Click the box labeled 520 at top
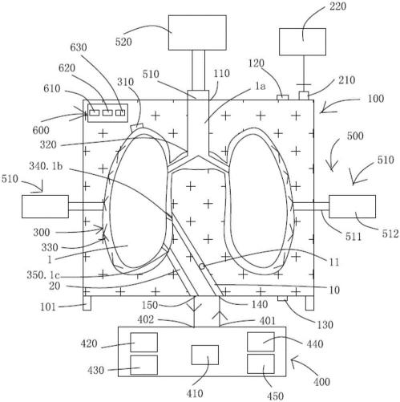[x=197, y=33]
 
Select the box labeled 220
[x=302, y=42]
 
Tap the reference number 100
[x=376, y=99]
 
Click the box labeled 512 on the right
[x=352, y=206]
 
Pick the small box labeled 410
[x=205, y=355]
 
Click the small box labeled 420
[x=143, y=343]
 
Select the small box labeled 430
[x=143, y=365]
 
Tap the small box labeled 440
[x=261, y=342]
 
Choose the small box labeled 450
[x=261, y=364]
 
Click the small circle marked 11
[x=202, y=266]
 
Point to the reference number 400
[x=322, y=381]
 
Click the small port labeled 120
[x=283, y=98]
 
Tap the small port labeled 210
[x=304, y=96]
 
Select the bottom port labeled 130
[x=282, y=298]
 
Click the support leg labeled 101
[x=87, y=303]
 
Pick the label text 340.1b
[x=46, y=166]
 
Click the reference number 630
[x=79, y=47]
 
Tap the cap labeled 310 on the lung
[x=137, y=127]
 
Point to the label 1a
[x=260, y=86]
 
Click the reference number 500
[x=355, y=136]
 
